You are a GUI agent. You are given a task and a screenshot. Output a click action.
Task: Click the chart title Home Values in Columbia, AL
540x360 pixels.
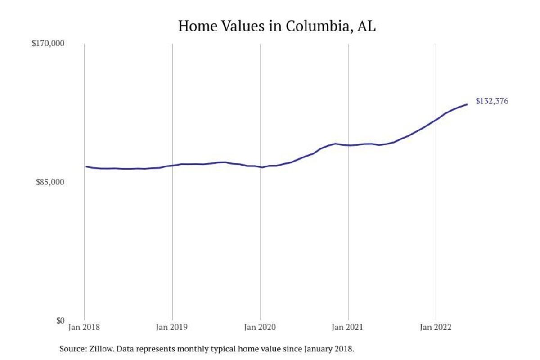tap(277, 26)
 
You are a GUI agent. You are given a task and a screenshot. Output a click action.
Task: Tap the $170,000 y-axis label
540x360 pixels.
tap(48, 44)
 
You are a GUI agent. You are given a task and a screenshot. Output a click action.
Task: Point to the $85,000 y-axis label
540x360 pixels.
tap(50, 182)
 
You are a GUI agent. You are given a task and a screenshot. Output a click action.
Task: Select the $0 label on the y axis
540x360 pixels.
tap(60, 320)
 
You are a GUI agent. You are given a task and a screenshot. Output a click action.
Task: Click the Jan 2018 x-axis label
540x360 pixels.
tap(85, 328)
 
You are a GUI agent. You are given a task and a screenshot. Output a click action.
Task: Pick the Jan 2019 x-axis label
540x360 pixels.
tap(172, 328)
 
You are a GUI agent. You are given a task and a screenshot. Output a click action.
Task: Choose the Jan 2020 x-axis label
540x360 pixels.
tap(260, 328)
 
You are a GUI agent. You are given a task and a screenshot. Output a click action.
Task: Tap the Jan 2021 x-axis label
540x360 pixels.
tap(348, 328)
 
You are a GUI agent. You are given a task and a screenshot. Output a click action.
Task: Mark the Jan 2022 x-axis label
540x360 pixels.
tap(436, 328)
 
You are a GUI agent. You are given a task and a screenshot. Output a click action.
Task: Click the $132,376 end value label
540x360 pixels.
tap(492, 101)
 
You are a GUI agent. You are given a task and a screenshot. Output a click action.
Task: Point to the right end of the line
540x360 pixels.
tap(467, 104)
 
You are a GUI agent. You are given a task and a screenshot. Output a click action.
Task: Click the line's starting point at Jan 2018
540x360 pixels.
tap(86, 166)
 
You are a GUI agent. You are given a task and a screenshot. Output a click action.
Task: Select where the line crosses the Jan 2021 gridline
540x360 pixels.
tap(348, 145)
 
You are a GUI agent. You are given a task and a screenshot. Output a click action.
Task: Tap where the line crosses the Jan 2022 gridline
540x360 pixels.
tap(436, 120)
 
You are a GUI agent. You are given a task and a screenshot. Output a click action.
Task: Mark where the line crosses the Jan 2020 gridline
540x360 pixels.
tap(260, 167)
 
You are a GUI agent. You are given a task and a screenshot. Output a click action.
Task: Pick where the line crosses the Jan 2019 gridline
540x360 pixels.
tap(172, 166)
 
